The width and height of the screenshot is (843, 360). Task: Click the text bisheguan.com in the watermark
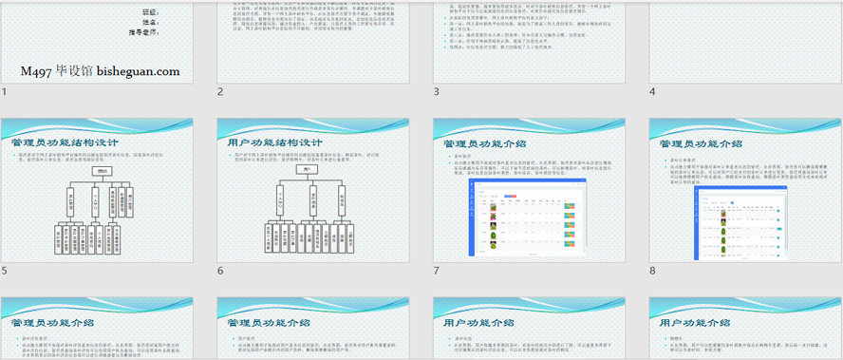click(137, 71)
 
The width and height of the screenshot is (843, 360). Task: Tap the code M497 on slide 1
click(36, 71)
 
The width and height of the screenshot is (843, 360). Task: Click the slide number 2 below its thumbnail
click(220, 92)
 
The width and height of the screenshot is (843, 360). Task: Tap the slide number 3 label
click(437, 92)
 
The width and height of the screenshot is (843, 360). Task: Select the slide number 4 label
click(652, 92)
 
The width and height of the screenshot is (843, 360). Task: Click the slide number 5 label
click(5, 271)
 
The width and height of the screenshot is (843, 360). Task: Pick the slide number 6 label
click(220, 271)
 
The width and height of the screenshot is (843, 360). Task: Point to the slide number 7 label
click(437, 271)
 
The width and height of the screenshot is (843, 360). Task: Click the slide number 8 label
click(652, 271)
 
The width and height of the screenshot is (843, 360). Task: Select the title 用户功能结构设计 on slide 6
click(267, 142)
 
